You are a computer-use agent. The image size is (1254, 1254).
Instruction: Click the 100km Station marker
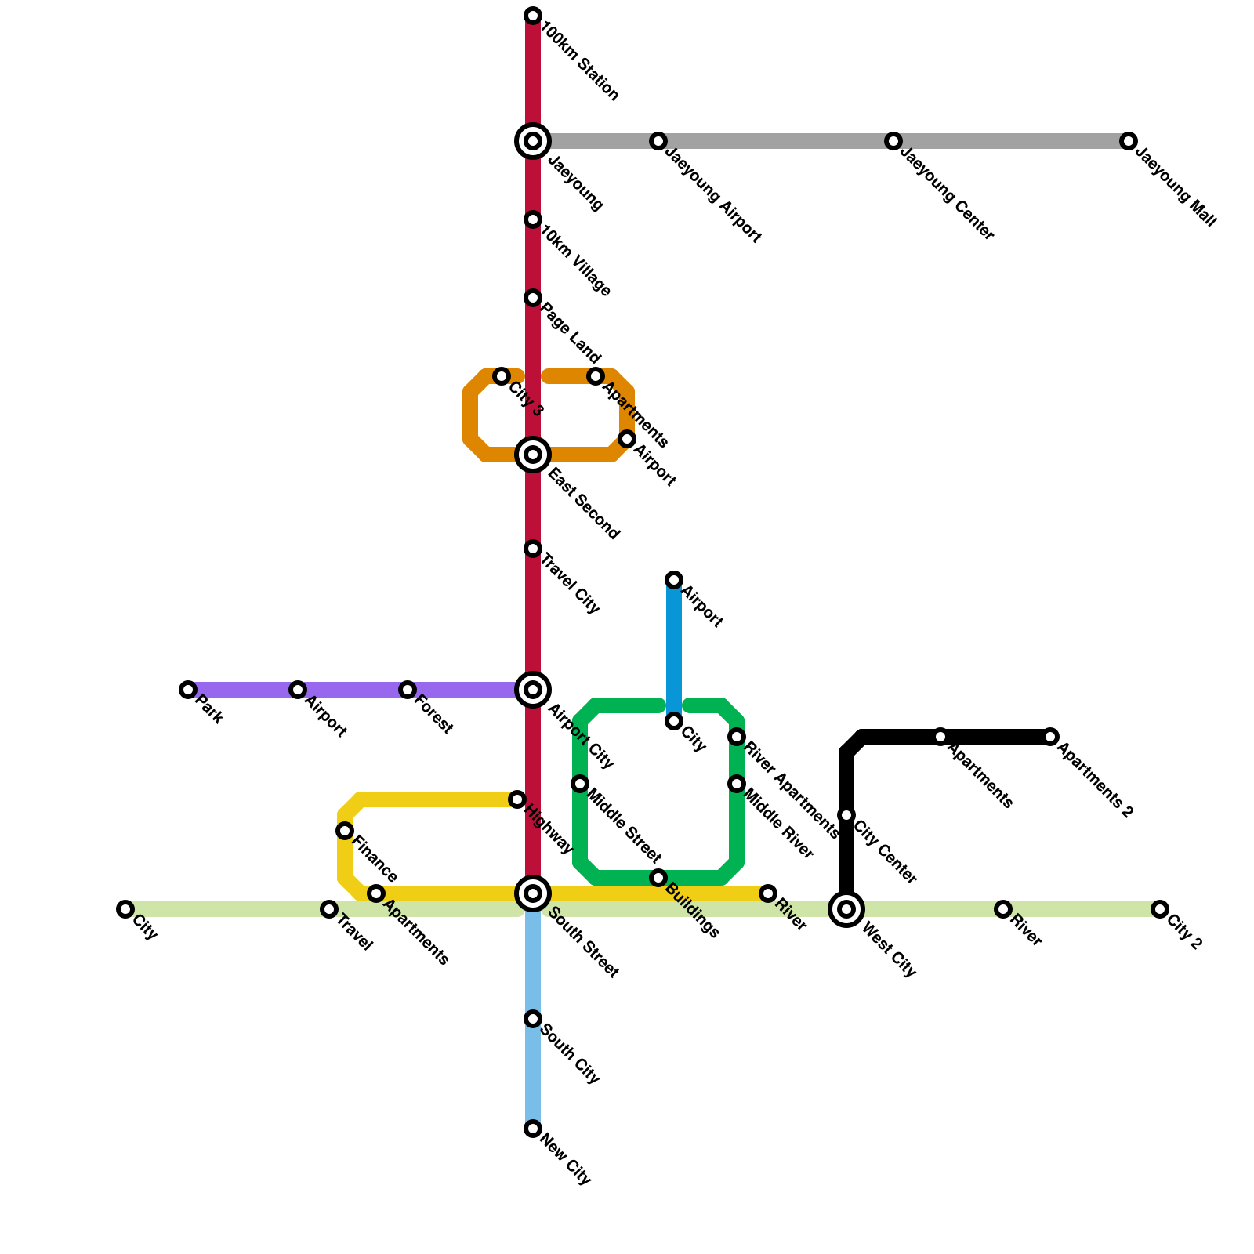tap(533, 16)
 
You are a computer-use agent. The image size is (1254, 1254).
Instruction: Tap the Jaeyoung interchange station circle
tap(533, 141)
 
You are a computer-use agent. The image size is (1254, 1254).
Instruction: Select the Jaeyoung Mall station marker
tap(1128, 141)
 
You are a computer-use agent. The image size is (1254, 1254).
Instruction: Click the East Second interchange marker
tap(533, 455)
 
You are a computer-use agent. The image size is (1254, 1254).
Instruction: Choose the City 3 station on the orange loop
tap(502, 377)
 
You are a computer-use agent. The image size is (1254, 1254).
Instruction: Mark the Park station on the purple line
tap(187, 690)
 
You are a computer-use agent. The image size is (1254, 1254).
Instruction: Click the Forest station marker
tap(407, 690)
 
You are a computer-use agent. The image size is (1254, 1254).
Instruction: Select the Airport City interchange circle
tap(533, 690)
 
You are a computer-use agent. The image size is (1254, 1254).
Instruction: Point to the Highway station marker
tap(517, 799)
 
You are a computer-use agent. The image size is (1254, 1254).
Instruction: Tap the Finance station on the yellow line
tap(345, 831)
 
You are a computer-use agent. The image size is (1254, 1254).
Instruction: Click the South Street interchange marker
tap(533, 893)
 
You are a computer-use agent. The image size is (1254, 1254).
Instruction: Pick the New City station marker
tap(533, 1129)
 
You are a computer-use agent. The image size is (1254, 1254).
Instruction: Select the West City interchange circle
tap(846, 909)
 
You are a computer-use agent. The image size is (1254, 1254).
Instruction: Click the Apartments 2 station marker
tap(1050, 737)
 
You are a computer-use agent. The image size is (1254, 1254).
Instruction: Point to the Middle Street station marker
tap(580, 784)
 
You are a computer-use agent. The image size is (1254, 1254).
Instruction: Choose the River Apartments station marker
tap(737, 737)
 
